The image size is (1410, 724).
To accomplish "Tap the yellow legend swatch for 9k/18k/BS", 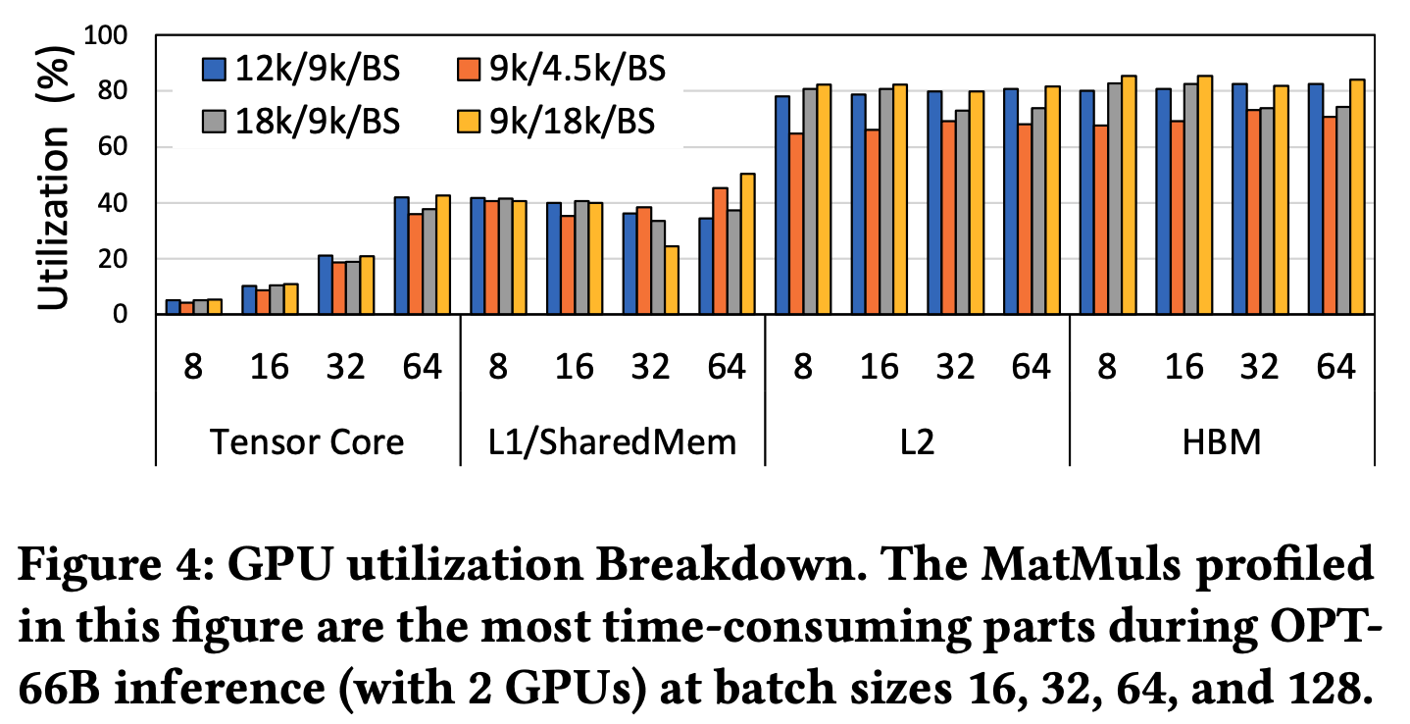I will (x=468, y=121).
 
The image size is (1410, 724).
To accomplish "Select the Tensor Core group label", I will (x=307, y=441).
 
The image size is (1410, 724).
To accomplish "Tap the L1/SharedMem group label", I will (x=612, y=441).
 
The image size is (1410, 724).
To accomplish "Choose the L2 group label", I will (x=916, y=441).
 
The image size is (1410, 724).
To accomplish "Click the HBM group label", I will (x=1221, y=441).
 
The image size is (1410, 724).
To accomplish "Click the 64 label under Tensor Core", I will (x=422, y=367).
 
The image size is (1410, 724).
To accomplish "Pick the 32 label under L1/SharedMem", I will (x=649, y=367).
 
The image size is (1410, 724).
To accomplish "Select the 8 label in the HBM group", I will (x=1107, y=367).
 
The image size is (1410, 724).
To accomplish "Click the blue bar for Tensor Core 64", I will (x=401, y=256).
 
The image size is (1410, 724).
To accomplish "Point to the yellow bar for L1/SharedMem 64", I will (x=747, y=244).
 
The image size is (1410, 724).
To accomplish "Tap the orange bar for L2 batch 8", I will (x=796, y=225).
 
